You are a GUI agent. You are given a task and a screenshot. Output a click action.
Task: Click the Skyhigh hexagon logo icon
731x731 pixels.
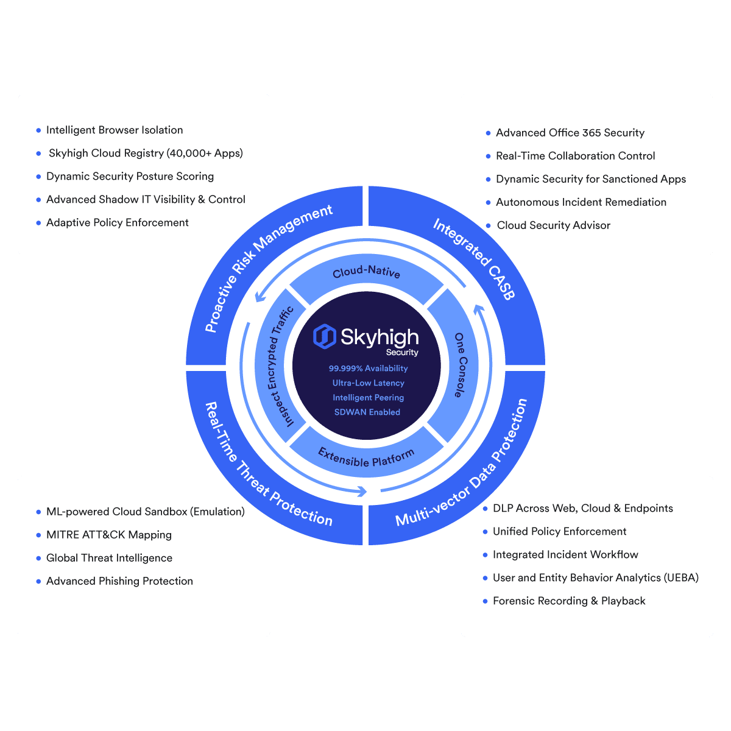pos(324,336)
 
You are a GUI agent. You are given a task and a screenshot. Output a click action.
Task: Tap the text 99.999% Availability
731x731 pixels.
pos(368,369)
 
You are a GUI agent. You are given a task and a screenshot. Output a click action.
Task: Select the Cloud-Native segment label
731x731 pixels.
pos(366,271)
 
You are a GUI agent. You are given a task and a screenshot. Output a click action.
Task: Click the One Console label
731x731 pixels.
pos(460,365)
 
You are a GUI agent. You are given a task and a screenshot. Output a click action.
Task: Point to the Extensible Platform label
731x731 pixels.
pos(365,457)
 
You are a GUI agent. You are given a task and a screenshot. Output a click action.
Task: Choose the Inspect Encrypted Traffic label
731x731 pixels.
pos(280,367)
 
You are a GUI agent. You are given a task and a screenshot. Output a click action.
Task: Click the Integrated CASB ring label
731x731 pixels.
pos(474,259)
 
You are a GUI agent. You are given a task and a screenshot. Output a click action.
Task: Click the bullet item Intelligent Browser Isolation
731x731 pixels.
pos(114,130)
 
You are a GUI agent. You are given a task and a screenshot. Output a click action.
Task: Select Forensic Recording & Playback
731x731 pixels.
pos(569,601)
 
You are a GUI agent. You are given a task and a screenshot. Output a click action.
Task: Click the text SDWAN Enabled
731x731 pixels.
pos(367,412)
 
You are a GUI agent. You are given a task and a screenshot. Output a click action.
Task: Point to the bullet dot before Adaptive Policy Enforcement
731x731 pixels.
pos(38,223)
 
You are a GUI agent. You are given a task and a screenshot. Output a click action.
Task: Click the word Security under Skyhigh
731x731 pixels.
pos(402,353)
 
